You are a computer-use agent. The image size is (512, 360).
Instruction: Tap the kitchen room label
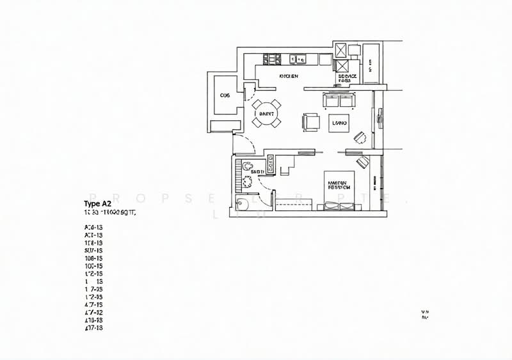[x=289, y=76]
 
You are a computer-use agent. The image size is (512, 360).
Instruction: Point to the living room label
[x=340, y=121]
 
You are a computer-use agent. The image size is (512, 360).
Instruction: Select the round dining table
[x=266, y=114]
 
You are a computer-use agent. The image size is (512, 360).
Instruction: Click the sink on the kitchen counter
[x=299, y=59]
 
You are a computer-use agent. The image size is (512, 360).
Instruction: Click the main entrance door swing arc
[x=245, y=144]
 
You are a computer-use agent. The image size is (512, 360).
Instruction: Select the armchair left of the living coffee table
[x=312, y=121]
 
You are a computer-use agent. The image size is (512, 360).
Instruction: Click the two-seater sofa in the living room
[x=339, y=100]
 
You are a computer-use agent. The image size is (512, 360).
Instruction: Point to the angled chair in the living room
[x=360, y=137]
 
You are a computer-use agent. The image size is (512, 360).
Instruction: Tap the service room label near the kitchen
[x=346, y=79]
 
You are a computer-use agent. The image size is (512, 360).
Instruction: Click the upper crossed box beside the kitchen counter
[x=341, y=50]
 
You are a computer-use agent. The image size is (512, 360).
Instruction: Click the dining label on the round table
[x=266, y=114]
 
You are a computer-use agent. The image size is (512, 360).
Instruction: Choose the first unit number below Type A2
[x=93, y=227]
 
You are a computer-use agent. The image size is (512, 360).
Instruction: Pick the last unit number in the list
[x=93, y=327]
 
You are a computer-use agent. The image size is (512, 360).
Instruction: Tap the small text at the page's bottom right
[x=424, y=313]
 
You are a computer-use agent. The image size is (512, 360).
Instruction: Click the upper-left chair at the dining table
[x=256, y=104]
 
